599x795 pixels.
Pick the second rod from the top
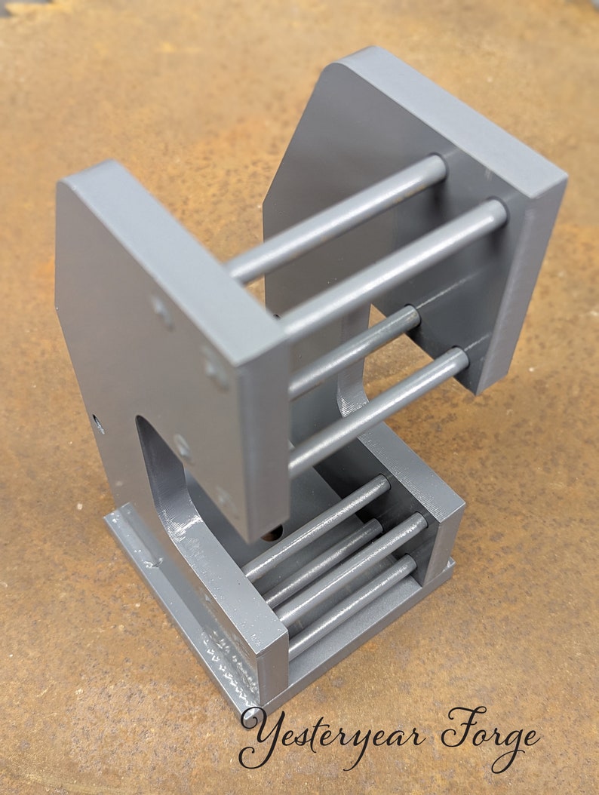(392, 267)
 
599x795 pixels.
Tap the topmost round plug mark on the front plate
(161, 308)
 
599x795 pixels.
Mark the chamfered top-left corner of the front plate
(72, 181)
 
